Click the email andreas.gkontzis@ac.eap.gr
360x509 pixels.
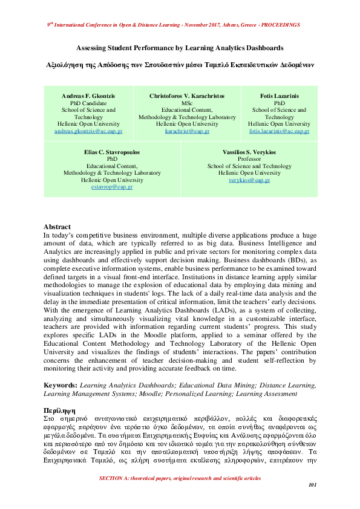pyautogui.click(x=88, y=131)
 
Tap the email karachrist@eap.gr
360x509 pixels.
pyautogui.click(x=187, y=131)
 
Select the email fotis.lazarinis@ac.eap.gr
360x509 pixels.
pyautogui.click(x=279, y=131)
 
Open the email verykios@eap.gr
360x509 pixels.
pyautogui.click(x=249, y=180)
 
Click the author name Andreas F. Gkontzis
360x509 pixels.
pyautogui.click(x=88, y=96)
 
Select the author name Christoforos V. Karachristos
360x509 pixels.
pyautogui.click(x=187, y=96)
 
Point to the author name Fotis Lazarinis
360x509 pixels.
pyautogui.click(x=279, y=96)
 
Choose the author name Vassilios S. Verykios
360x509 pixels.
pyautogui.click(x=249, y=152)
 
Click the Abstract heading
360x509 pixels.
pyautogui.click(x=57, y=227)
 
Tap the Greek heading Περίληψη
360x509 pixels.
pyautogui.click(x=59, y=409)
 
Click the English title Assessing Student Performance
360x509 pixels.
pyautogui.click(x=180, y=47)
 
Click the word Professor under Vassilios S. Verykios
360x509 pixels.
pyautogui.click(x=249, y=159)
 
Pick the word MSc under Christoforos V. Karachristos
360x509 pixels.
pyautogui.click(x=187, y=103)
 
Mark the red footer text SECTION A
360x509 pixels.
pyautogui.click(x=180, y=478)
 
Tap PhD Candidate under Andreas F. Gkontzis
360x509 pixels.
pyautogui.click(x=88, y=103)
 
